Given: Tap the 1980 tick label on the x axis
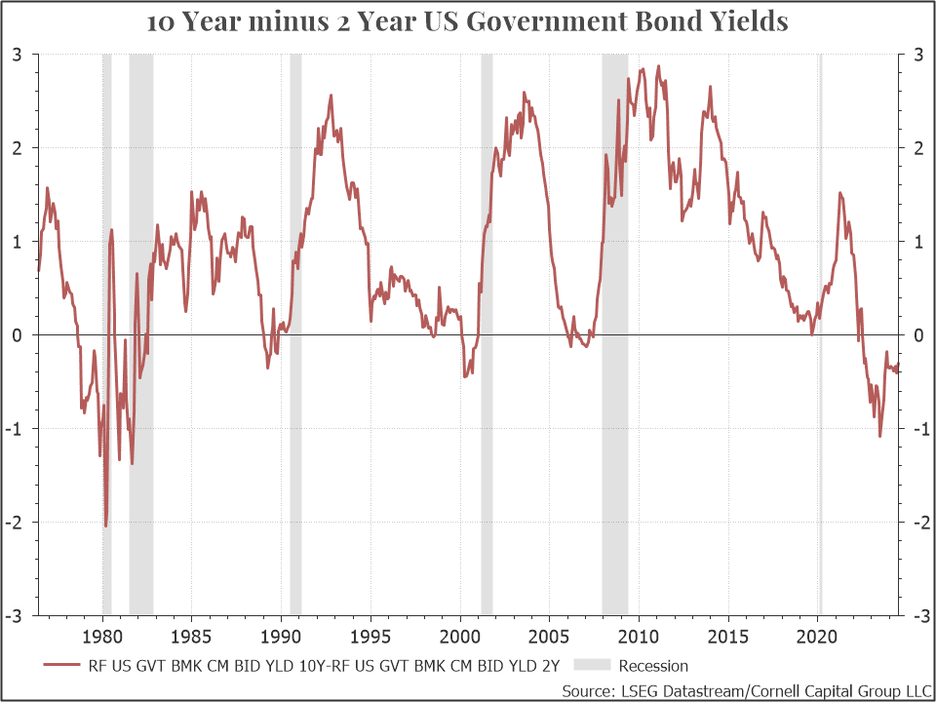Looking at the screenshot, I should [x=102, y=637].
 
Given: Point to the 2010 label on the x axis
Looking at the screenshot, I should [x=639, y=637].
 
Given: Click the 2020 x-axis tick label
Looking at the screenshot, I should [x=817, y=637].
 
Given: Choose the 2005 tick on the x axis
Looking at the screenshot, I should [x=549, y=637].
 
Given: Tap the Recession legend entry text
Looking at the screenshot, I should [x=653, y=666].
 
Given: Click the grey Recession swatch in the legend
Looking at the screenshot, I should [x=590, y=666].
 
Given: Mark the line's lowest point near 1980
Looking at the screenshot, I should [x=105, y=526].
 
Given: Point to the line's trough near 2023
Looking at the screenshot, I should [x=879, y=436].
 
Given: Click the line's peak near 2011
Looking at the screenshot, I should [x=658, y=66].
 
